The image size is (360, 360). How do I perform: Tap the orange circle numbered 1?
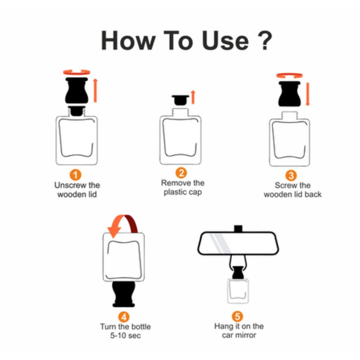[76, 175]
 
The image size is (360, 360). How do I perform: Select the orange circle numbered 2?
[181, 173]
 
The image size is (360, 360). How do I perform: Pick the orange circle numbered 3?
[291, 175]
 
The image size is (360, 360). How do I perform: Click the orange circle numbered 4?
[124, 317]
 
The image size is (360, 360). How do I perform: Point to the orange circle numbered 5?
[237, 316]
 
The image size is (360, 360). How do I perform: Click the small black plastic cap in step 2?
[180, 100]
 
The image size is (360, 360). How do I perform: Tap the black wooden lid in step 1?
[77, 90]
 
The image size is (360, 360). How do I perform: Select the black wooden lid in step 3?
[289, 94]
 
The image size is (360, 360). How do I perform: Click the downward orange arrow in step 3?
[308, 94]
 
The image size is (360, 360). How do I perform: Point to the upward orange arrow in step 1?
[95, 90]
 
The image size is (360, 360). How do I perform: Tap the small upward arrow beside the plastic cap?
[193, 97]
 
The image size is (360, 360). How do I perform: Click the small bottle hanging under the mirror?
[238, 291]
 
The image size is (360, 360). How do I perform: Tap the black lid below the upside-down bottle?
[123, 294]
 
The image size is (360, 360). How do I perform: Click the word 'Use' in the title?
[225, 41]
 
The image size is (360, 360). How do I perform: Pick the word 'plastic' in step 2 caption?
[175, 192]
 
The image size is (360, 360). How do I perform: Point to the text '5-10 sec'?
[125, 336]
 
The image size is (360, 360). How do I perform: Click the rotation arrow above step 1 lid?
[77, 72]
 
